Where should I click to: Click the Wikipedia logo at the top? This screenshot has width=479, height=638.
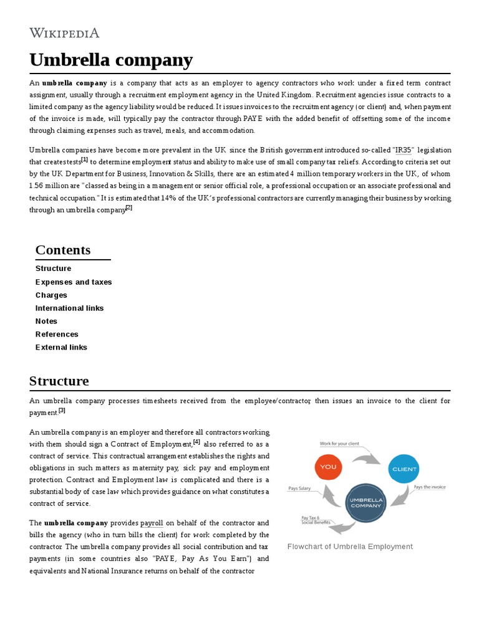point(64,33)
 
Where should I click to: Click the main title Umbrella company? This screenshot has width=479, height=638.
point(111,60)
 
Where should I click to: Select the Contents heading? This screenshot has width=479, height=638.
point(63,250)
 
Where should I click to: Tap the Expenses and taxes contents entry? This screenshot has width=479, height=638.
point(74,282)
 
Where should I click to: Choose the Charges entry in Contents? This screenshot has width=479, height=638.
point(51,295)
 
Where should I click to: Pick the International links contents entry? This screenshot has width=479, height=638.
point(69,308)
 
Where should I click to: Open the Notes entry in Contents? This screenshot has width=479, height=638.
point(46,321)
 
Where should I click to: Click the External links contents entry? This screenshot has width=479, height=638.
point(61,347)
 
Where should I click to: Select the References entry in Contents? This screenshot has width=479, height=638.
point(57,334)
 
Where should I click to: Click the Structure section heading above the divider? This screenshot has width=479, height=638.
point(59,381)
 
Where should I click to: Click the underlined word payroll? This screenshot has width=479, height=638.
point(152,523)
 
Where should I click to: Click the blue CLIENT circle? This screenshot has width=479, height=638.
point(403,469)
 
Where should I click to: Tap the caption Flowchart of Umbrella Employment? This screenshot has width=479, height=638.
point(350,546)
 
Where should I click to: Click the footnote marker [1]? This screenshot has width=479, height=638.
point(84,159)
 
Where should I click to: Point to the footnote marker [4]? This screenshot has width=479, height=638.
point(196,442)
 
